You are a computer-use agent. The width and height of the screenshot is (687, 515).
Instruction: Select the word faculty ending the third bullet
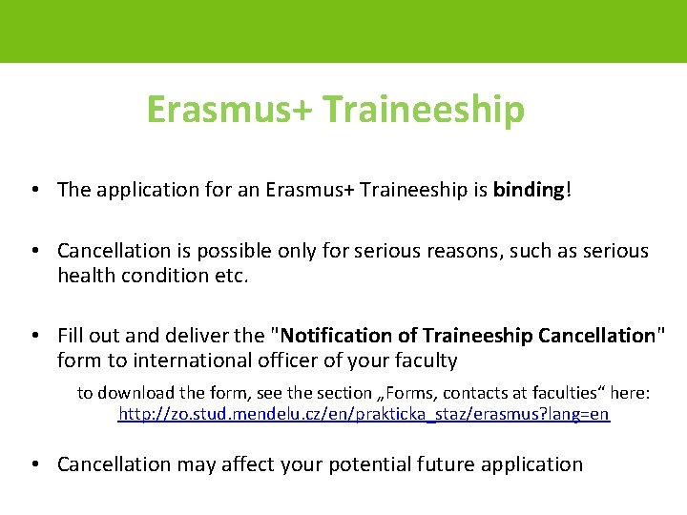tap(425, 360)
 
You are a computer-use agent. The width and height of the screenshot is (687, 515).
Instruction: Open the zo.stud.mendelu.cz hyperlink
tap(363, 415)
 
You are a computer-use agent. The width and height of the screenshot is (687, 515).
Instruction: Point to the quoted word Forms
tap(430, 393)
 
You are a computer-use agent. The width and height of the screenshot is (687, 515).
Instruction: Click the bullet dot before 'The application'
tap(33, 190)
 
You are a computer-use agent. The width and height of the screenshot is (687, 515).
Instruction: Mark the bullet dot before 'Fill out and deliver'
tap(33, 336)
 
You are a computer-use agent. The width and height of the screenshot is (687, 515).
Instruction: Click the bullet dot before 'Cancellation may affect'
tap(33, 464)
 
